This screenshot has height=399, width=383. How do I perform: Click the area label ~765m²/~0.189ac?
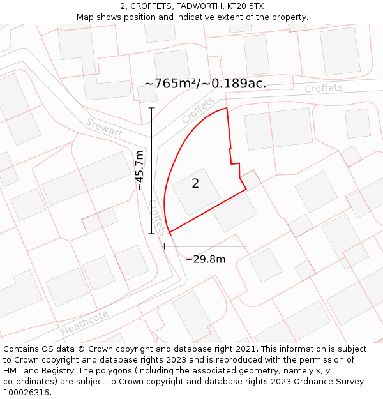pos(205,84)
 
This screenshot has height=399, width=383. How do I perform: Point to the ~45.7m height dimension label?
pos(140,170)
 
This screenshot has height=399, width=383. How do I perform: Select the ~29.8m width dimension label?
pos(205,259)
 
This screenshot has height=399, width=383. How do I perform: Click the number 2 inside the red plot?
pos(195,184)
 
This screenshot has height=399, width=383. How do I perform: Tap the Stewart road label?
pos(103,128)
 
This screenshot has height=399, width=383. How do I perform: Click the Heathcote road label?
pos(85,323)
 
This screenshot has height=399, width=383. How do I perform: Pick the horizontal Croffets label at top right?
pos(323,89)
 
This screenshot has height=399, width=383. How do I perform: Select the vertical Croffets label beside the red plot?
pos(157,217)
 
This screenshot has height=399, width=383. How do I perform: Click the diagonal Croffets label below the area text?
pos(198,110)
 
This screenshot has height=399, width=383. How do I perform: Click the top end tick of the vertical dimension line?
pos(152,108)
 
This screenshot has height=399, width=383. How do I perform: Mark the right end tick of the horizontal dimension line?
pos(246,246)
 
